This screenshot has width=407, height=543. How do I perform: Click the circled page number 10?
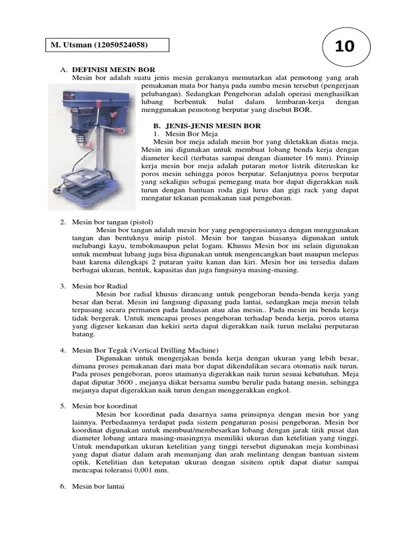click(x=344, y=46)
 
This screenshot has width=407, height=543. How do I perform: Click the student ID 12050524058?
click(x=120, y=45)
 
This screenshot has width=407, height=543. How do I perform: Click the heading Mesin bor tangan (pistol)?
click(x=108, y=222)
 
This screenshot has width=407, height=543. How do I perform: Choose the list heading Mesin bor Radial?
click(x=100, y=286)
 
